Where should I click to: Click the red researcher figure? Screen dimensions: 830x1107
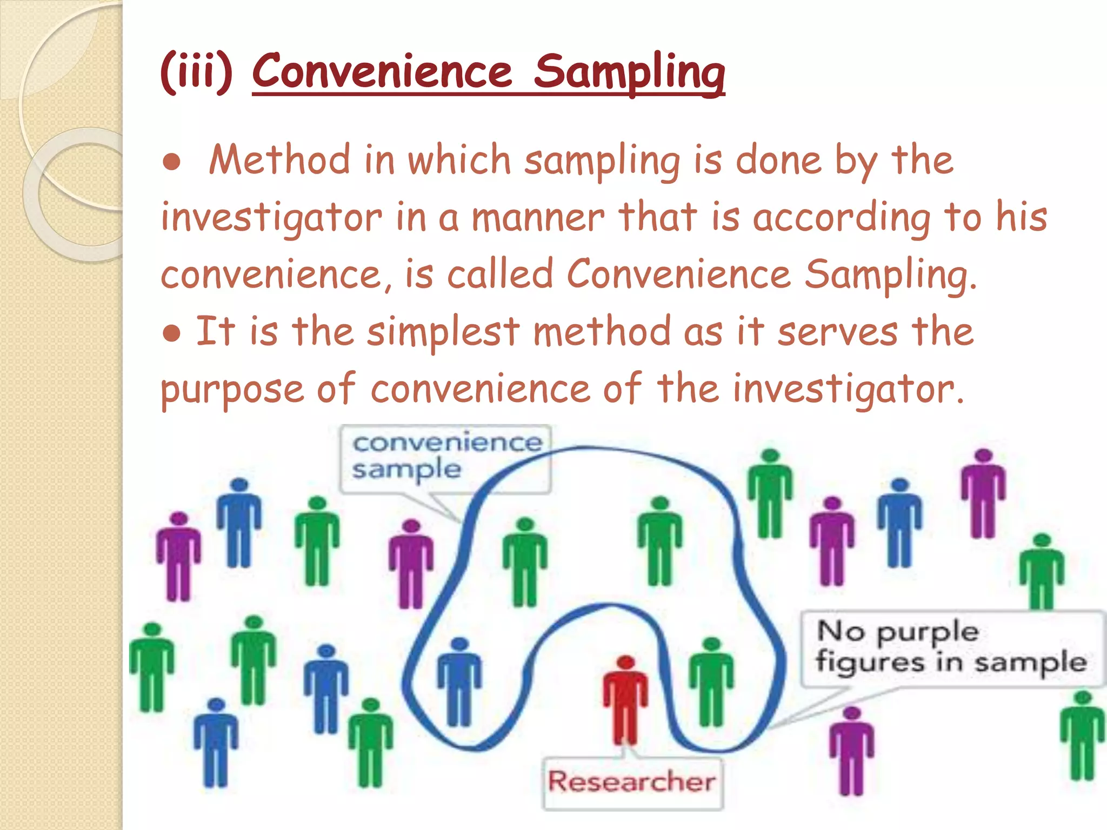tap(625, 700)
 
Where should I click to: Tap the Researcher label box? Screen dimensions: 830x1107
tap(632, 782)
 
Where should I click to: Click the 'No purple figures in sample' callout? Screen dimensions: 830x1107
tap(951, 647)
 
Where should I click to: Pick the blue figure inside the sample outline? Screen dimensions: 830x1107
tap(459, 682)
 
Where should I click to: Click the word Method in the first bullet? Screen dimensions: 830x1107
tap(279, 160)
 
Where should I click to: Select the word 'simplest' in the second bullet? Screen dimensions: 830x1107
tap(443, 332)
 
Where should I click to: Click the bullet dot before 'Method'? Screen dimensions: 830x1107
tap(171, 162)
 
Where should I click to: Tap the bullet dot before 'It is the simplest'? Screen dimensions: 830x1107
tap(171, 333)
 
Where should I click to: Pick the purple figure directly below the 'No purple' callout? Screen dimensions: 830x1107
tap(851, 751)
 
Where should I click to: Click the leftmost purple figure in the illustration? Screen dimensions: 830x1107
tap(178, 557)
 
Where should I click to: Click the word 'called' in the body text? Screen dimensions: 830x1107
tap(500, 275)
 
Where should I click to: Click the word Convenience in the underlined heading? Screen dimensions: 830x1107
tap(382, 72)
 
